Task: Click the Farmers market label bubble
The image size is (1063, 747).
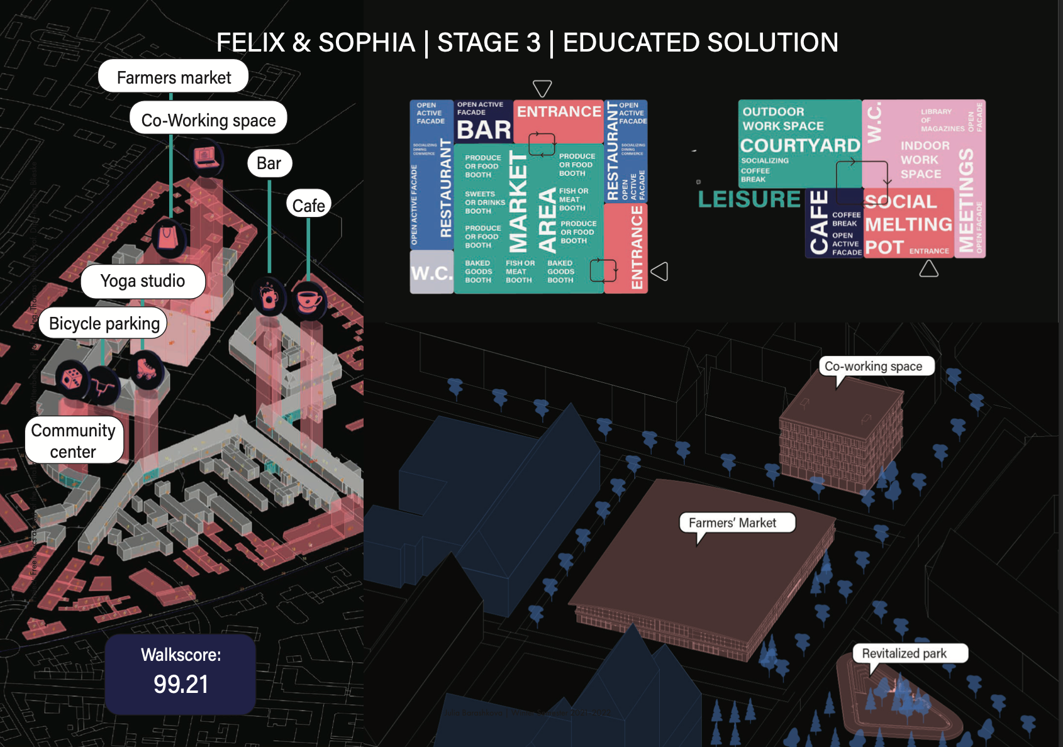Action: point(174,77)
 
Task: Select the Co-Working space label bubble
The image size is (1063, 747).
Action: point(208,119)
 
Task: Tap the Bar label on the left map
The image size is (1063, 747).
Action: point(269,163)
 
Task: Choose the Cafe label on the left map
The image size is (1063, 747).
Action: point(308,205)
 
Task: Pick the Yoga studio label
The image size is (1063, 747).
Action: point(143,281)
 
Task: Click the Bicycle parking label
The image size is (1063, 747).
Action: point(104,323)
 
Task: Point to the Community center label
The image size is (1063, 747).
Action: point(74,441)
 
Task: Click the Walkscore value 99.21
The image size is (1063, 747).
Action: point(181,684)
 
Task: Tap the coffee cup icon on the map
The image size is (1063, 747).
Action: point(309,300)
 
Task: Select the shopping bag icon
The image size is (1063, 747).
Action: point(168,238)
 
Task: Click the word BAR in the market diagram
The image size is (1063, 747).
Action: point(484,130)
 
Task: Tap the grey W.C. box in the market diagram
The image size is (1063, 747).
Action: point(431,273)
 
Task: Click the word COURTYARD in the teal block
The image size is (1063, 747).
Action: point(799,146)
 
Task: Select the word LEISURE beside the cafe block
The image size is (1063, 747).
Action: point(749,199)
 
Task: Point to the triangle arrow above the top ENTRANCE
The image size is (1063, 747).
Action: point(542,87)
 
